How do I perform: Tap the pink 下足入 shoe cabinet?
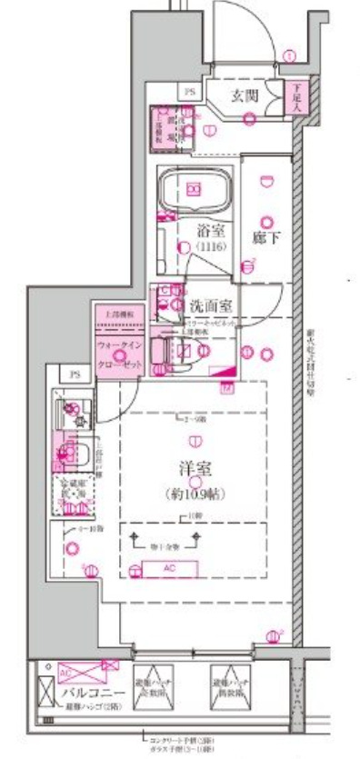click(295, 95)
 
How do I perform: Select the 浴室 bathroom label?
click(211, 231)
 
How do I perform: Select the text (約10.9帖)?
click(195, 494)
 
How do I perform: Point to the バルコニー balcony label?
click(87, 694)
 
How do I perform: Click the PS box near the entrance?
click(190, 91)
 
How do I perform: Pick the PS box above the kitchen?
click(75, 374)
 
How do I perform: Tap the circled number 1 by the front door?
click(289, 55)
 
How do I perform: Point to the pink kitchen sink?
click(69, 452)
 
